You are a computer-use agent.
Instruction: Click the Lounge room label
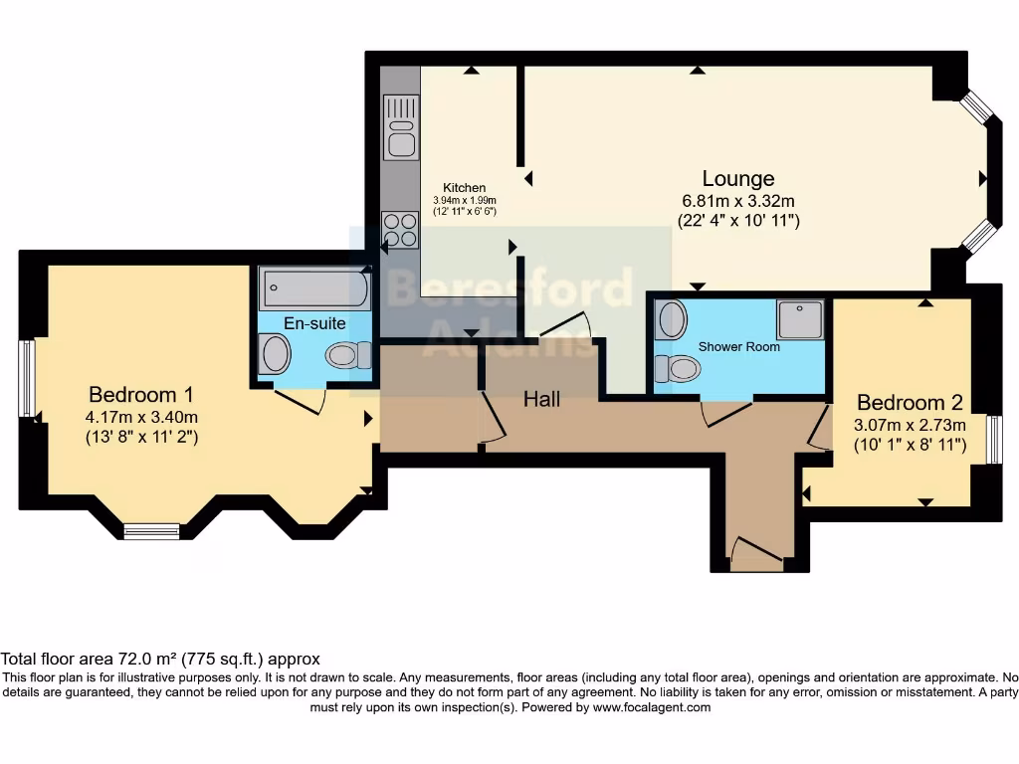point(737,179)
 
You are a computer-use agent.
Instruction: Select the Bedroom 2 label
point(910,403)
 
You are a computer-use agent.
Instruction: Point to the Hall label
point(542,399)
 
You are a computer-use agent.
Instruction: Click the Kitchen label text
point(465,187)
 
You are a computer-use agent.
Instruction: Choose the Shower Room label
point(738,346)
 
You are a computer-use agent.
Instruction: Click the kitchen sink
point(401,126)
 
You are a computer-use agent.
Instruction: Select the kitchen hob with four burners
point(400,230)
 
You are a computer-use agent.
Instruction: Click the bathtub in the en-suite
point(314,288)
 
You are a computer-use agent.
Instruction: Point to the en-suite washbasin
point(275,353)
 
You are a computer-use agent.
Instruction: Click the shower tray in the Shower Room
point(800,319)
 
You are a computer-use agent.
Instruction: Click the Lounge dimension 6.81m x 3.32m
point(737,200)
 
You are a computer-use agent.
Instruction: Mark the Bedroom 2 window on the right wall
point(994,440)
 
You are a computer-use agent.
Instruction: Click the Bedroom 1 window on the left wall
point(27,378)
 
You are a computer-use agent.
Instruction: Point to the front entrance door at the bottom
point(756,552)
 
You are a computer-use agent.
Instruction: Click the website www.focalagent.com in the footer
point(652,707)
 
